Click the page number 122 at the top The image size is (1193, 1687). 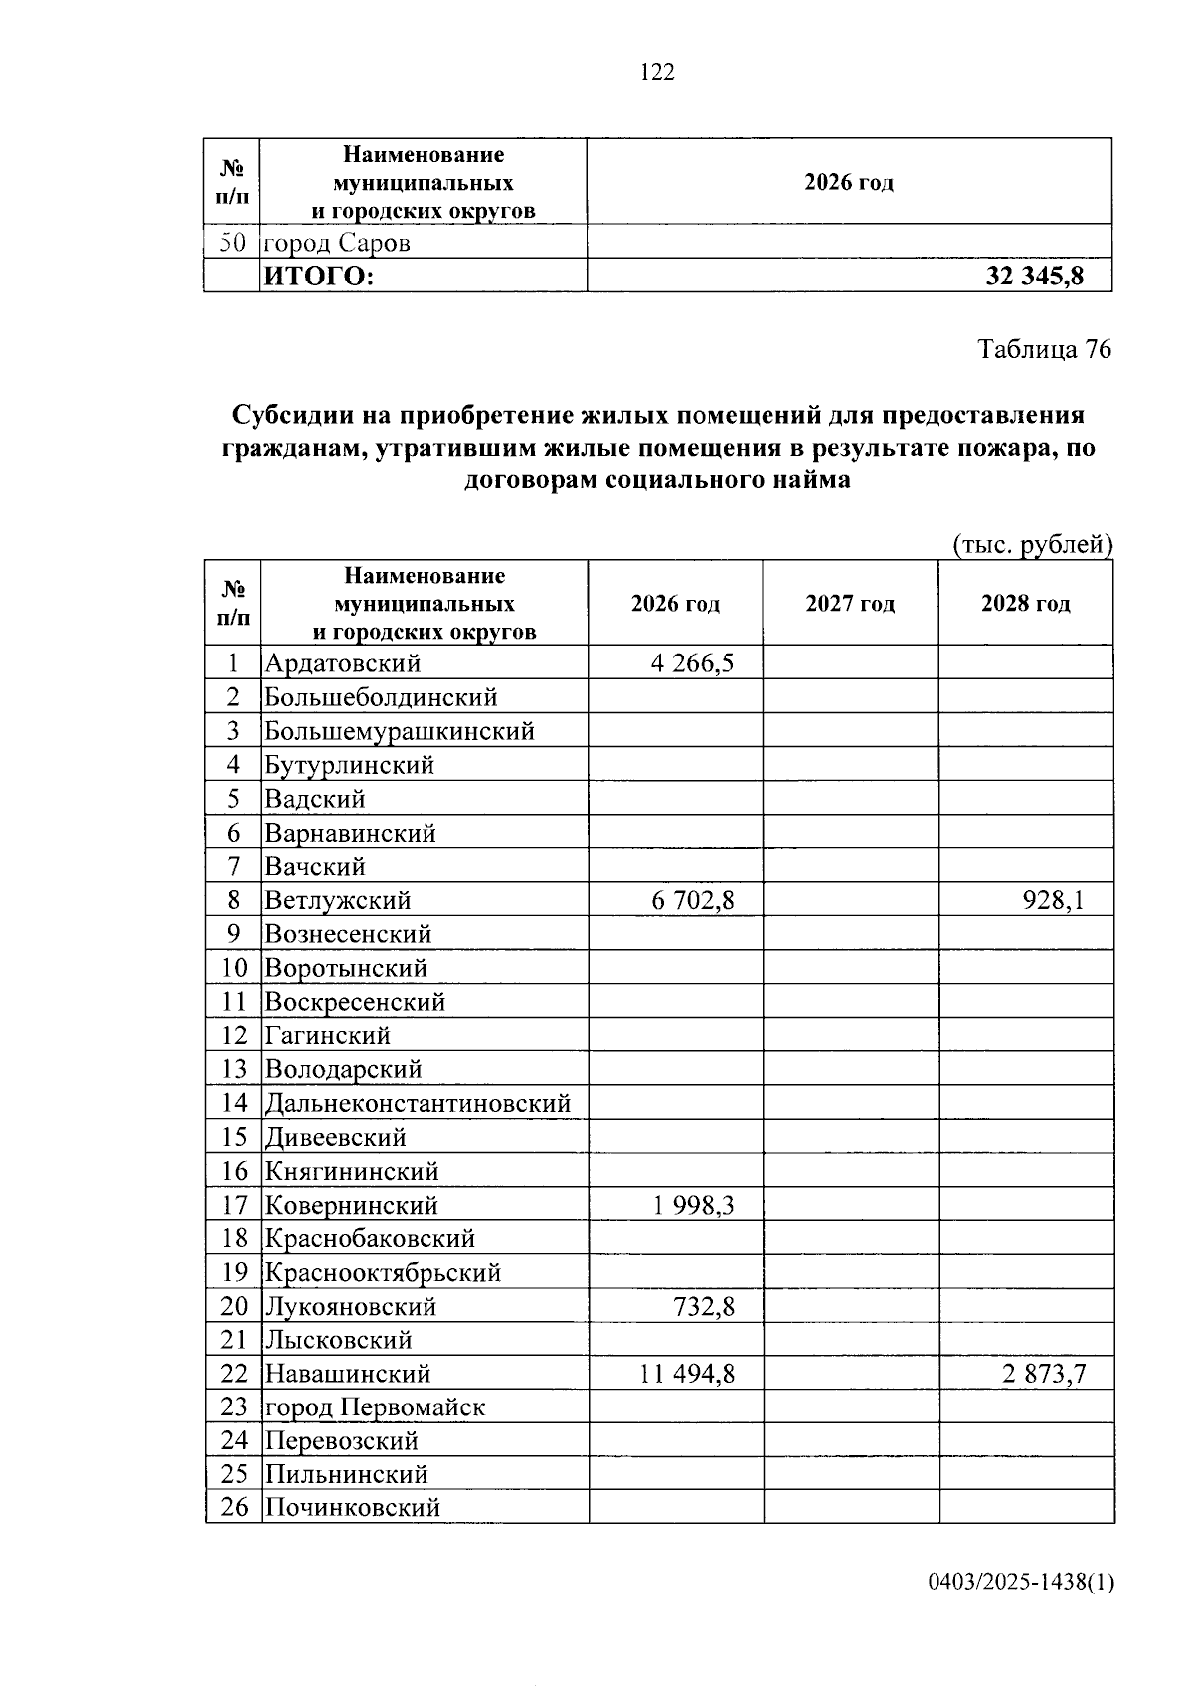tap(657, 72)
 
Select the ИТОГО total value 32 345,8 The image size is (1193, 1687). tap(1034, 277)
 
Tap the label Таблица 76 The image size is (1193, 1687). tap(1044, 349)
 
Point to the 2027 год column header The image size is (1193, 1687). tap(850, 604)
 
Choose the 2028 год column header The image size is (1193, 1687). tap(1025, 604)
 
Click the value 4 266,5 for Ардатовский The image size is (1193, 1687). tap(693, 663)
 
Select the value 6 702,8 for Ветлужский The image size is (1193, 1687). tap(693, 901)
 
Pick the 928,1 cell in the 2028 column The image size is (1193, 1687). tap(1053, 901)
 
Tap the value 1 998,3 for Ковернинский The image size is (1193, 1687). tap(694, 1206)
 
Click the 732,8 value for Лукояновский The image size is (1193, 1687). tap(704, 1307)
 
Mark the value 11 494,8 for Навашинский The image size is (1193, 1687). tap(688, 1375)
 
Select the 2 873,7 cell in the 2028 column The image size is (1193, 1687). tap(1044, 1375)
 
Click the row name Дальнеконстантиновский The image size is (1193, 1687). tap(418, 1103)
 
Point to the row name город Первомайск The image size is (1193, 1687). tap(375, 1407)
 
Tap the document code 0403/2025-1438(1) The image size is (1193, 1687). tap(1021, 1583)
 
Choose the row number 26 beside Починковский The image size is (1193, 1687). tap(234, 1507)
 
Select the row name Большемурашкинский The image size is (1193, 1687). tap(400, 732)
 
